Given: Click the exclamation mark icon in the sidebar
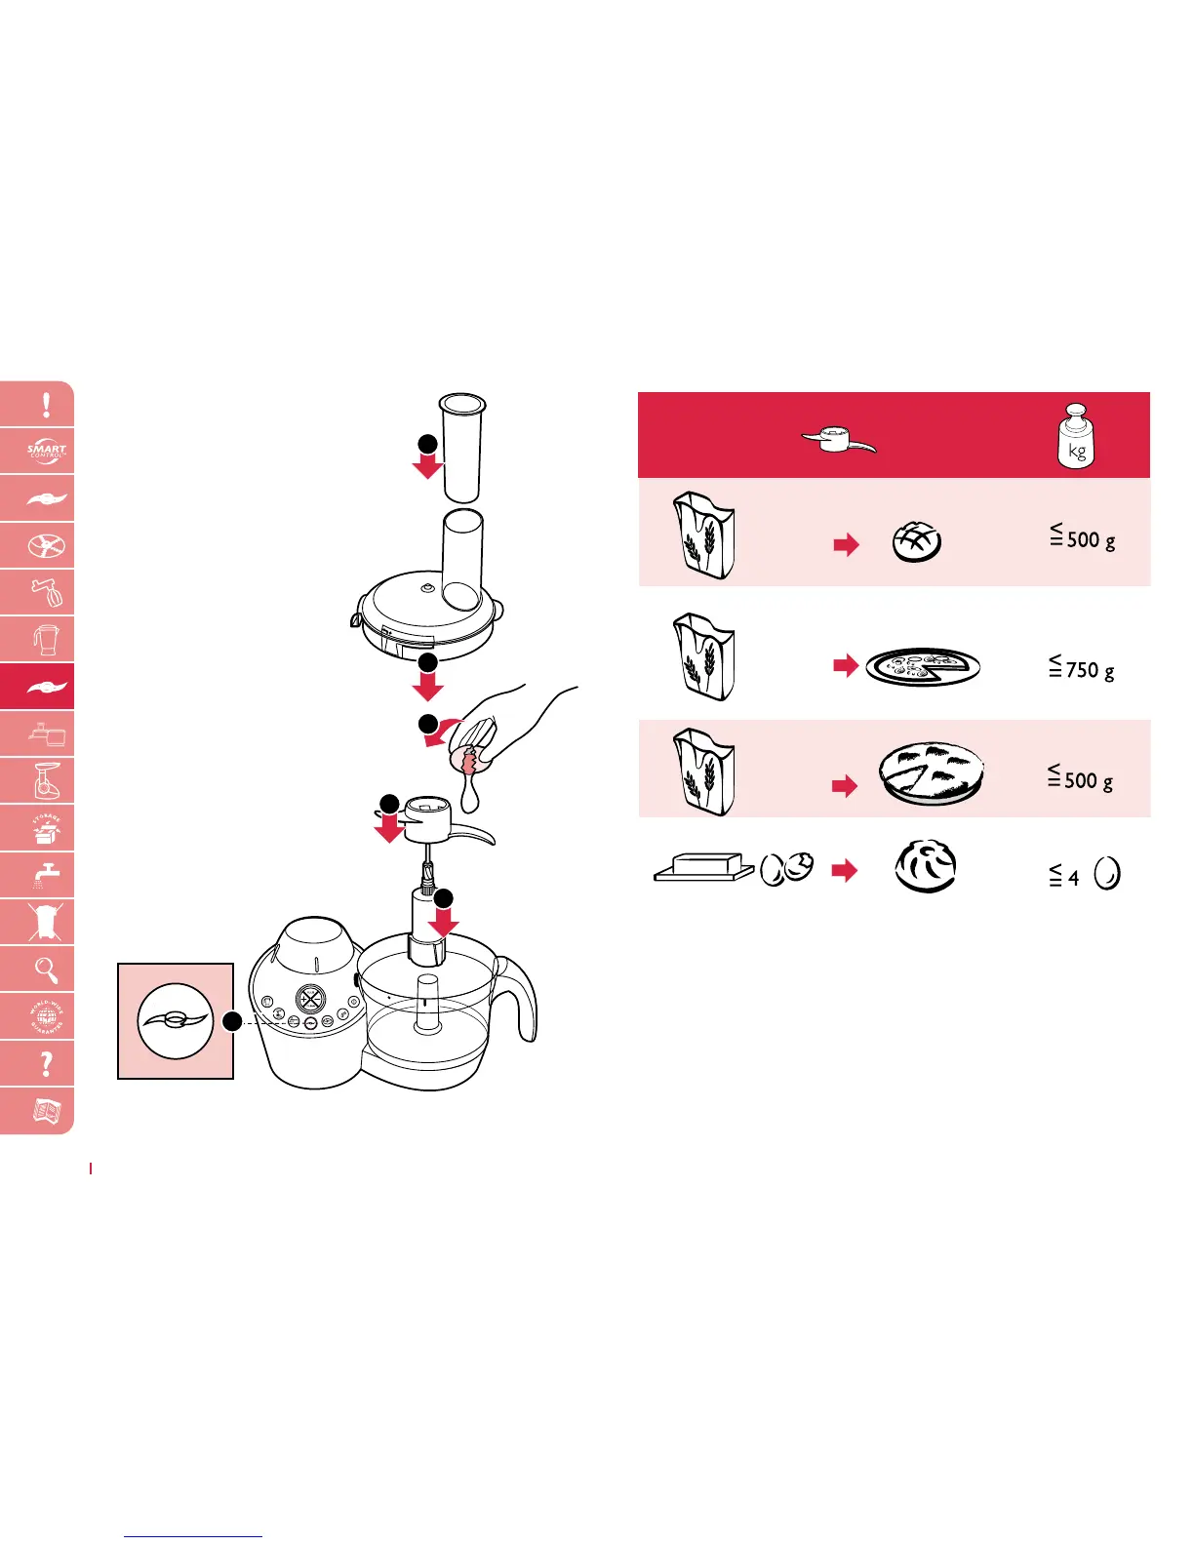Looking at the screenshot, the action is point(46,405).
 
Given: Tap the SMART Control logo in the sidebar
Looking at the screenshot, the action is point(46,452).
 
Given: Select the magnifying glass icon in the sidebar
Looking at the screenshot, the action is point(46,970).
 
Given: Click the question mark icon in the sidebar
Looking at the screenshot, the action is point(46,1063).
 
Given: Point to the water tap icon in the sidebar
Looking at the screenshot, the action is point(46,875).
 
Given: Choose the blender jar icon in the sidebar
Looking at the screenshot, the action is point(46,640).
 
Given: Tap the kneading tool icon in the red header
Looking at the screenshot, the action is point(838,441).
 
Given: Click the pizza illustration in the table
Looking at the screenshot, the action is point(922,667).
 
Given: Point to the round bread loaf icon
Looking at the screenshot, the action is point(917,542).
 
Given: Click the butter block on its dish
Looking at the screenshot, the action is point(701,867).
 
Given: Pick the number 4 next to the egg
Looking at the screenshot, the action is point(1073,878).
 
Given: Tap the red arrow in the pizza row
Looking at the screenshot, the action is point(846,666).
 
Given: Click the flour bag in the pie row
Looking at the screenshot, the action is point(703,772).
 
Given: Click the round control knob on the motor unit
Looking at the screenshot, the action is point(310,999).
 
